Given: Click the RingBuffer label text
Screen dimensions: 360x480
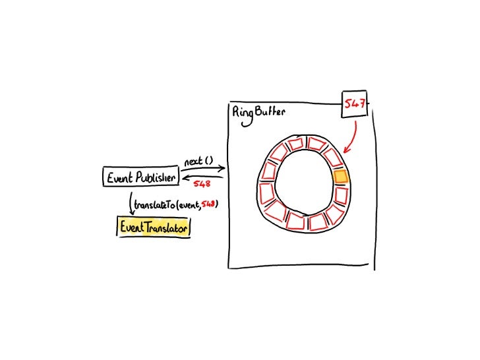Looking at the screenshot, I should (258, 112).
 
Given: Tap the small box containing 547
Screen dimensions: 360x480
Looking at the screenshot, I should (355, 104).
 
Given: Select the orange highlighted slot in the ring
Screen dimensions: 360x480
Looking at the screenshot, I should (340, 177).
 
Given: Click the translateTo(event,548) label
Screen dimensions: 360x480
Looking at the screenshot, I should (175, 205).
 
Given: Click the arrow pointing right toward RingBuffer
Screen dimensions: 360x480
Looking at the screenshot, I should (204, 169).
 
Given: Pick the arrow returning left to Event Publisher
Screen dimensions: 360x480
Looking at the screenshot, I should (204, 177).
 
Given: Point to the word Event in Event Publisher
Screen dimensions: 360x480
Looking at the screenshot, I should (119, 177).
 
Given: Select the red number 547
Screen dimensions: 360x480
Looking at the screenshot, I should (355, 104).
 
